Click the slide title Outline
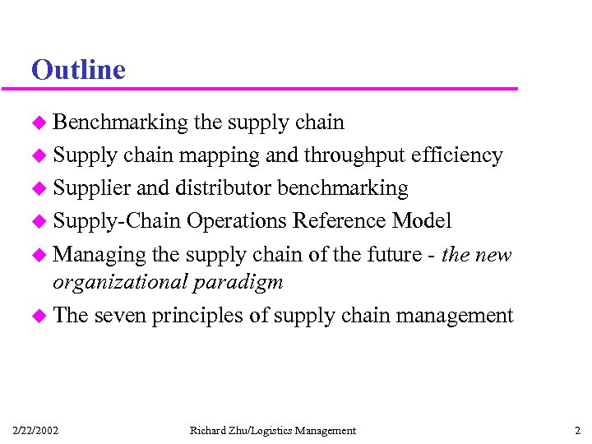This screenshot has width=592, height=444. (78, 69)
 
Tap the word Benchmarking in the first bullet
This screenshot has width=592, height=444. (120, 123)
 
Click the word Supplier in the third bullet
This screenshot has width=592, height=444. (91, 188)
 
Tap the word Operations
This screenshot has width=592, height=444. (238, 221)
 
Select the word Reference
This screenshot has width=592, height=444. (340, 221)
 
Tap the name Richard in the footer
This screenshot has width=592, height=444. (207, 430)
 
